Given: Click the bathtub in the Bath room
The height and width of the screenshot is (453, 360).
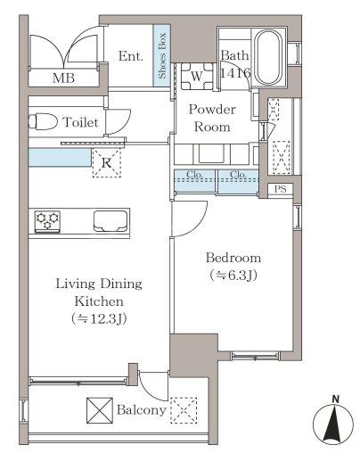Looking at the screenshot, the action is click(x=269, y=57).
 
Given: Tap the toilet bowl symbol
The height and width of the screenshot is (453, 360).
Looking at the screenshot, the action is click(x=43, y=121).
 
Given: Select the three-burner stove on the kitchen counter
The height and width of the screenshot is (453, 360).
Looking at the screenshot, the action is click(x=47, y=221).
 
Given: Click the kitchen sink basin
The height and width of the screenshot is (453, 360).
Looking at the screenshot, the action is click(x=110, y=221).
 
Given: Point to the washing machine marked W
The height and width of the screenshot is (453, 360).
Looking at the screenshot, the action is click(x=197, y=76).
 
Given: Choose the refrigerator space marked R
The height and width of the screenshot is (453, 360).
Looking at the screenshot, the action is click(x=107, y=162).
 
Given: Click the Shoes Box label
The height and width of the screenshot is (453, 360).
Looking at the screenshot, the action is click(x=162, y=55).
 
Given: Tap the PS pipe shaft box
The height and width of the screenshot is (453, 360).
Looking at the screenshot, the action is click(x=280, y=189).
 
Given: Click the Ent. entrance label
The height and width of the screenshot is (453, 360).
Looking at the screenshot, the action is click(x=131, y=56).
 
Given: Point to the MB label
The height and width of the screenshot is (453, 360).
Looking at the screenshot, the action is click(x=63, y=78).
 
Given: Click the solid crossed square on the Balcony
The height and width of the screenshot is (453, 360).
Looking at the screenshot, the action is click(x=100, y=410).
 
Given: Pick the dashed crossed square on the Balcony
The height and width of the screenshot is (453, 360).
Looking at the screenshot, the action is click(x=184, y=410).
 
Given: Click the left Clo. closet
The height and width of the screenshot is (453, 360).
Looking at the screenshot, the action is click(x=195, y=180).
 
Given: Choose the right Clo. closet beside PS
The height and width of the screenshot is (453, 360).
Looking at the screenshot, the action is click(x=238, y=180).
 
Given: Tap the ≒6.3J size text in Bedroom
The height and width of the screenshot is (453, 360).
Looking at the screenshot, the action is click(x=233, y=276).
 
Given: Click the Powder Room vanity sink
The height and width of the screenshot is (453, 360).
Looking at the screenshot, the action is click(x=211, y=153).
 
